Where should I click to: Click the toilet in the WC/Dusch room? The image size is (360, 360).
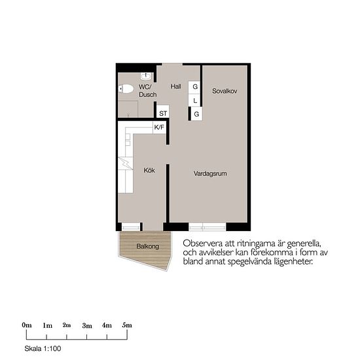pyautogui.click(x=126, y=89)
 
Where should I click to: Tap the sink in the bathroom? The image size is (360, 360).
pyautogui.click(x=146, y=76)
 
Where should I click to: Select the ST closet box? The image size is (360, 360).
pyautogui.click(x=163, y=111)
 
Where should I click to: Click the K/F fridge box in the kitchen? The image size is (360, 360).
pyautogui.click(x=159, y=128)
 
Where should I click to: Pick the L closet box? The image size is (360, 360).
pyautogui.click(x=195, y=100)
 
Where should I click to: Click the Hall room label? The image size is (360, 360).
pyautogui.click(x=175, y=86)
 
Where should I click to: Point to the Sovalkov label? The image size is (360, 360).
pyautogui.click(x=225, y=91)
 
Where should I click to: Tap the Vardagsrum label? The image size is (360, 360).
pyautogui.click(x=210, y=173)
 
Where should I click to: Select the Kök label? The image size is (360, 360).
pyautogui.click(x=149, y=170)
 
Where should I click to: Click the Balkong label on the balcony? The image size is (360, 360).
pyautogui.click(x=148, y=247)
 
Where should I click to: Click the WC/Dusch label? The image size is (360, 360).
pyautogui.click(x=148, y=91)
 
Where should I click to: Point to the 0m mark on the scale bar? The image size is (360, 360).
pyautogui.click(x=27, y=325)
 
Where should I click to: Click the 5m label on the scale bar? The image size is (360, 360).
pyautogui.click(x=127, y=325)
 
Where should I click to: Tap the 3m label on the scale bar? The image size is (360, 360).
pyautogui.click(x=87, y=325)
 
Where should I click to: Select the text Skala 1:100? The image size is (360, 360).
pyautogui.click(x=43, y=348)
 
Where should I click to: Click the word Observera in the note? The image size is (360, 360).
pyautogui.click(x=202, y=243)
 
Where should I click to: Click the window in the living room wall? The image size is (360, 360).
pyautogui.click(x=207, y=227)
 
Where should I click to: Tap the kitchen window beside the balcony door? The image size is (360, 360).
pyautogui.click(x=131, y=227)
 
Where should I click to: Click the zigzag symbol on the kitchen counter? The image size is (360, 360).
pyautogui.click(x=126, y=163)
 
